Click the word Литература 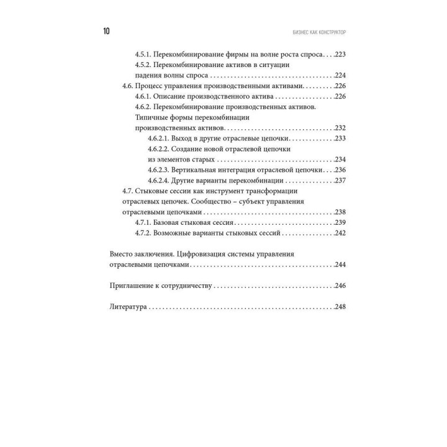(128, 307)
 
